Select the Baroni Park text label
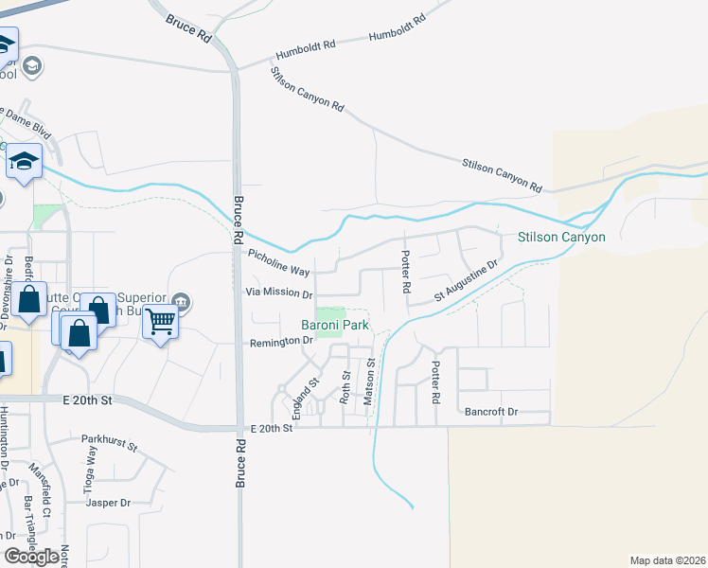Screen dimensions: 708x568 (334, 326)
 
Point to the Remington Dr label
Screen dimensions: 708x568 (280, 342)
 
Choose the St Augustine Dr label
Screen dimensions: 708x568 (466, 283)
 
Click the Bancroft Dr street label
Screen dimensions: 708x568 (491, 412)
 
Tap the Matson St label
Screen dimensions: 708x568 (372, 376)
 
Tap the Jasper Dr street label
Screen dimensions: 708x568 (107, 503)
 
